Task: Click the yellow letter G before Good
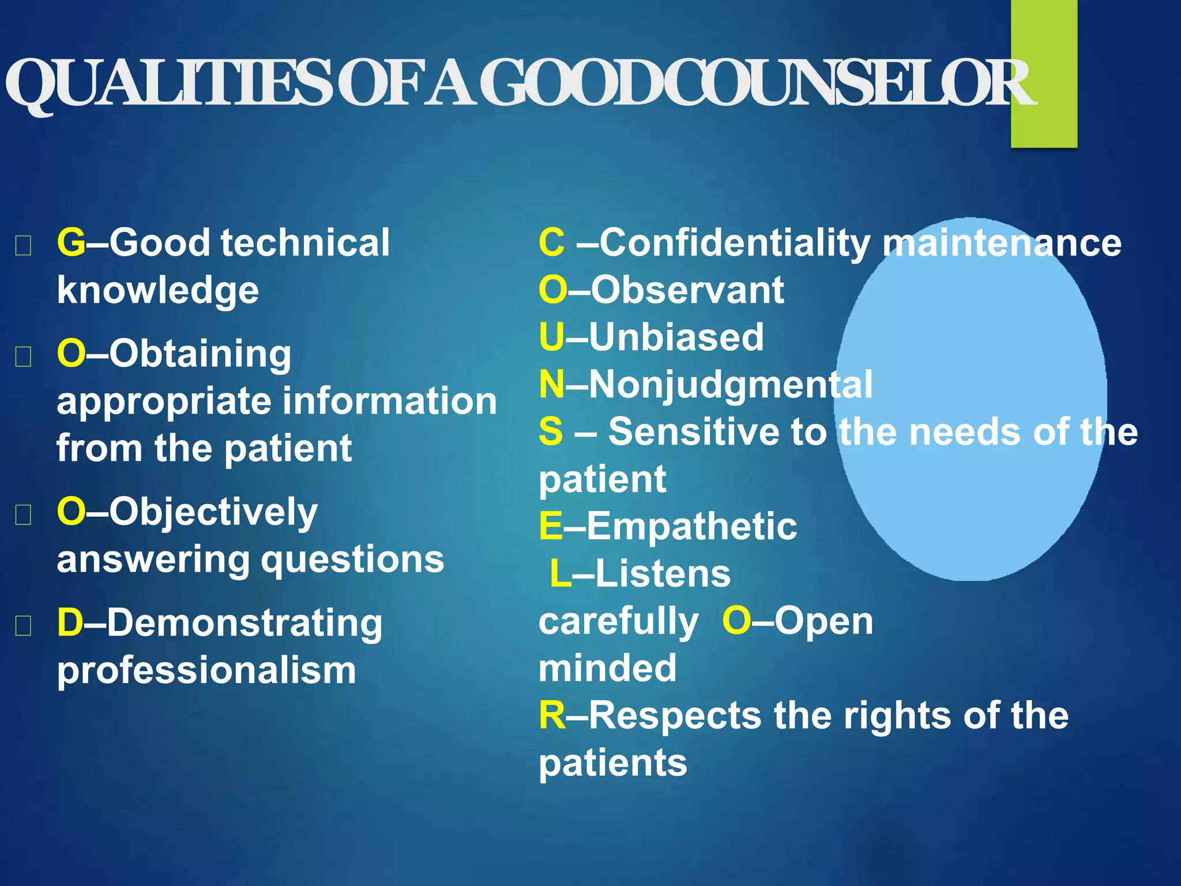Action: coord(71,242)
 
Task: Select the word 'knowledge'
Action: coord(157,290)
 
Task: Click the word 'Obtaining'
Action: coord(200,354)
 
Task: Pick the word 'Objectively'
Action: coord(213,512)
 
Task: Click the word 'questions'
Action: coord(353,560)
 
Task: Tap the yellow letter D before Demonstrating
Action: coord(70,623)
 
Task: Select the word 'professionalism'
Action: coord(206,670)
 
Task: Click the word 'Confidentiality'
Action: coord(735,243)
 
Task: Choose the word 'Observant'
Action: coord(687,290)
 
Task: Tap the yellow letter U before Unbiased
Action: coord(551,337)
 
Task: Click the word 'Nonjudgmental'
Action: coord(731,385)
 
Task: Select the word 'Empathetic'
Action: coord(692,526)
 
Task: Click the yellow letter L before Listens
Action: coord(559,573)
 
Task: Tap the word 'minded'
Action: coord(607,668)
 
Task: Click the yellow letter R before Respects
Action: coord(552,715)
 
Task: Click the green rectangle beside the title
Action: coord(1044,75)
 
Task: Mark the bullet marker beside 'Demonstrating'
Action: coord(23,625)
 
